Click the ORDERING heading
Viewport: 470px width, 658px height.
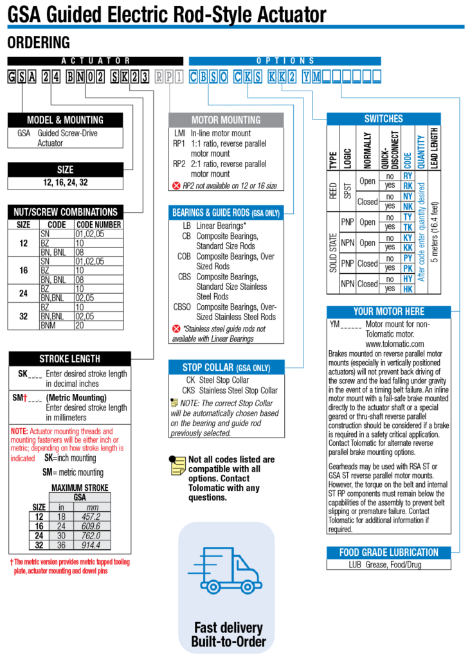tap(38, 43)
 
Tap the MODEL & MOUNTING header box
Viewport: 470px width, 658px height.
tap(65, 120)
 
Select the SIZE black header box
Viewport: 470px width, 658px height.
tap(65, 170)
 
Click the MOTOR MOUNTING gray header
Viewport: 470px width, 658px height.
tap(226, 120)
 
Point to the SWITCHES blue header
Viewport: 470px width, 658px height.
tap(383, 119)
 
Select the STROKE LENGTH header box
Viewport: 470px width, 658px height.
tap(69, 359)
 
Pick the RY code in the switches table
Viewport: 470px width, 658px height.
tap(408, 175)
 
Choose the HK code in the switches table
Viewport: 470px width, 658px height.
tap(408, 289)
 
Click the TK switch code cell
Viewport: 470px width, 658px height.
tap(408, 227)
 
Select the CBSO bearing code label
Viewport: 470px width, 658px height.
tap(182, 307)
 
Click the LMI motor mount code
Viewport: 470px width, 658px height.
tap(179, 134)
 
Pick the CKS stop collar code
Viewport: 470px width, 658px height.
tap(188, 390)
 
